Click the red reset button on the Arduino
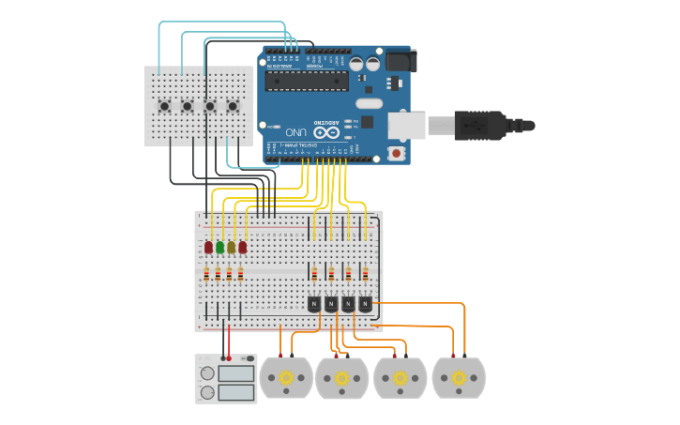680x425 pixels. click(x=397, y=152)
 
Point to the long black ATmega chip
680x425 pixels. click(x=306, y=81)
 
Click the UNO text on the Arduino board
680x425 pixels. click(x=296, y=133)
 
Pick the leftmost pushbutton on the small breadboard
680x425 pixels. click(x=165, y=106)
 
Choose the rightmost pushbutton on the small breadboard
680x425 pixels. click(x=232, y=106)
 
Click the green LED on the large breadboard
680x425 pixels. click(x=219, y=248)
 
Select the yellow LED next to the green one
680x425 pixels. click(x=231, y=248)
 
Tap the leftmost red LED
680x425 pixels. click(x=208, y=248)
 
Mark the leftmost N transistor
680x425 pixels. click(x=313, y=303)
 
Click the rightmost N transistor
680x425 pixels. click(x=365, y=303)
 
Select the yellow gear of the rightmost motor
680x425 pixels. click(x=458, y=378)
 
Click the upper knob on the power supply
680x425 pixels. click(x=207, y=372)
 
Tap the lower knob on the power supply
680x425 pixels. click(x=207, y=391)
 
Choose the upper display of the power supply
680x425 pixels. click(x=235, y=373)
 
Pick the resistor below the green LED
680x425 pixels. click(x=219, y=274)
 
